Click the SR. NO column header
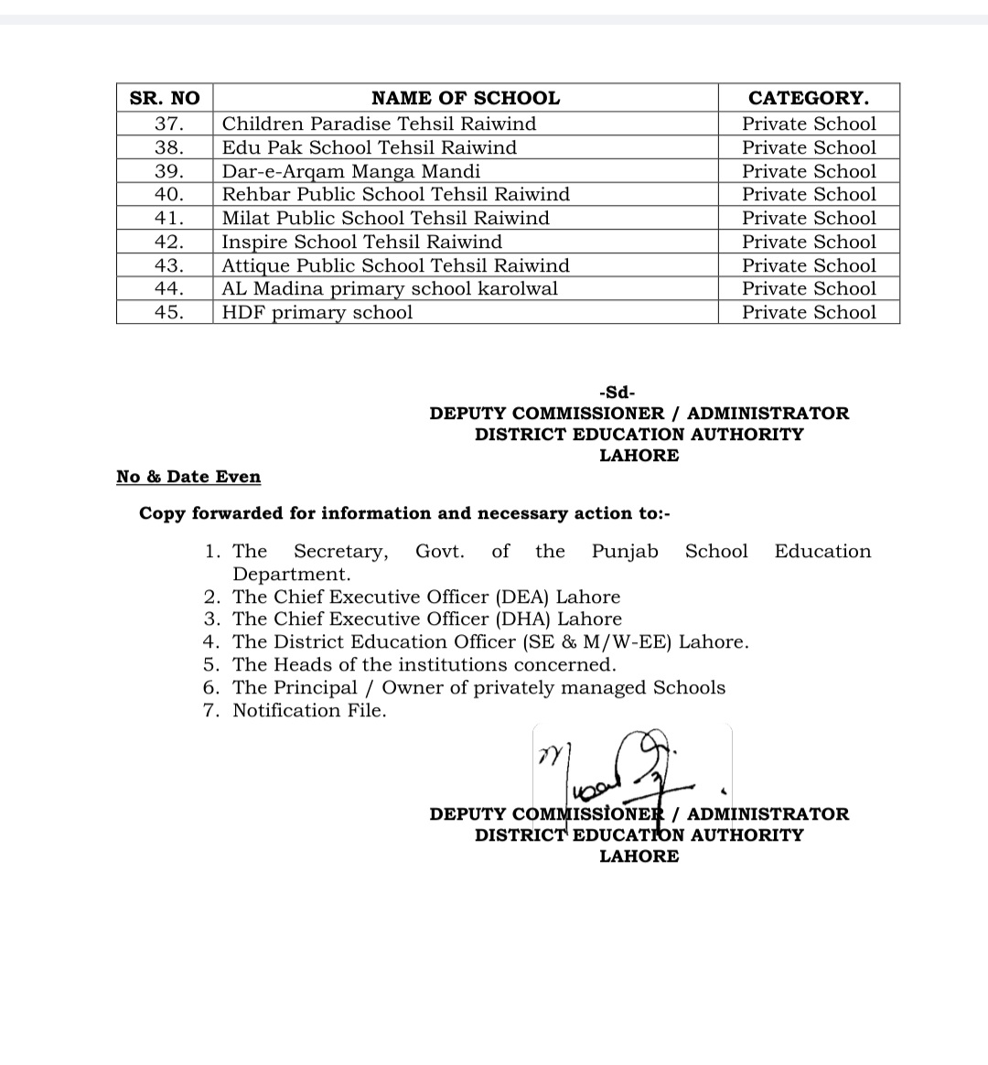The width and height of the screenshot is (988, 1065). (165, 98)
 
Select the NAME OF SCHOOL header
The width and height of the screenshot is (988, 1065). (465, 98)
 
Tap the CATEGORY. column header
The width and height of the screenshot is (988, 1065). (809, 98)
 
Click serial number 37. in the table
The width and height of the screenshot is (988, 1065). (169, 124)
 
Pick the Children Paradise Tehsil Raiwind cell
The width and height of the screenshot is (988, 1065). (379, 124)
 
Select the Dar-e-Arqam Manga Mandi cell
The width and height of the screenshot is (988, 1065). (350, 171)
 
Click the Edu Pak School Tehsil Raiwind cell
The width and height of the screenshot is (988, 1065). (369, 147)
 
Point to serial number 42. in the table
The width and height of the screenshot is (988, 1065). (169, 242)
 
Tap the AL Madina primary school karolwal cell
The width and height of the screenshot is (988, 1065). (390, 288)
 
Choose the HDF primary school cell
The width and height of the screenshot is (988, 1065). (317, 312)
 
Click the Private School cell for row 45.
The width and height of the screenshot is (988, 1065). (809, 312)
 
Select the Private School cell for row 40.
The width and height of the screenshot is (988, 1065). (809, 194)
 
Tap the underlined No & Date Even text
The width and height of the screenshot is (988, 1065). (188, 477)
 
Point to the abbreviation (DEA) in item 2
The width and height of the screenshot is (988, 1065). (522, 597)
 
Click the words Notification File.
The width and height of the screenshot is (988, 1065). (309, 711)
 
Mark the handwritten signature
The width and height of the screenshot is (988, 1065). (622, 764)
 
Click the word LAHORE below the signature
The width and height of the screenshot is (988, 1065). (639, 856)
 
